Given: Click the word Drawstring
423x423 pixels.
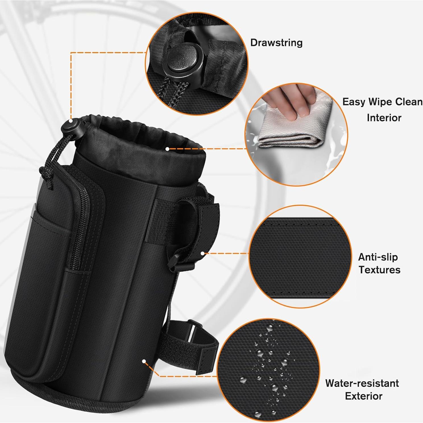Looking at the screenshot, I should tap(276, 43).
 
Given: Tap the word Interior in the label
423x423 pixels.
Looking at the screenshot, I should tap(384, 118).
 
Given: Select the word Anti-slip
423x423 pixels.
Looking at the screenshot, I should tap(378, 257).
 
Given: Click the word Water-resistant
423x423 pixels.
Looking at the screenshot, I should tap(362, 383).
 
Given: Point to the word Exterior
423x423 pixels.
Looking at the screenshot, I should tap(364, 396).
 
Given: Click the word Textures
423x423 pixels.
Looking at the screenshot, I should tap(379, 270).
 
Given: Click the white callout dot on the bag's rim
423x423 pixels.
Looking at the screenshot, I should tap(168, 149).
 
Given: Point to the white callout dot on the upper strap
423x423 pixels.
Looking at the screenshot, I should tap(203, 253).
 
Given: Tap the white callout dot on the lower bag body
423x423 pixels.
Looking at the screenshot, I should tap(144, 361).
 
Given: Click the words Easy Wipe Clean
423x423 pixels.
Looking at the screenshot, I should tap(382, 102).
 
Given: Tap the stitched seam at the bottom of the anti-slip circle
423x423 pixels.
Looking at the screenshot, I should tap(298, 293).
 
